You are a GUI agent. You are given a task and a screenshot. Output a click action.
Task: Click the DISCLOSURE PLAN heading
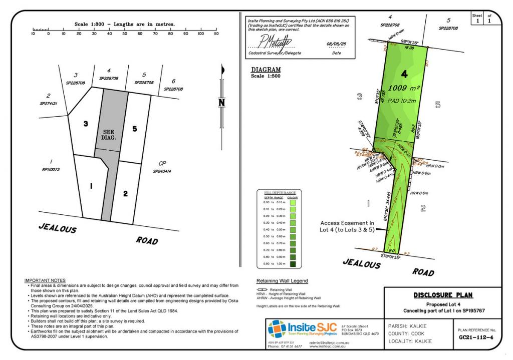[443, 295]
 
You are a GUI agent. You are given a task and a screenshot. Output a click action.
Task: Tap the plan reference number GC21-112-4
[476, 337]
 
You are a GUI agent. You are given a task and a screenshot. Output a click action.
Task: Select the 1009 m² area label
[404, 88]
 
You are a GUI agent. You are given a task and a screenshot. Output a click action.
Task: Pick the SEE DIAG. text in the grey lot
[109, 134]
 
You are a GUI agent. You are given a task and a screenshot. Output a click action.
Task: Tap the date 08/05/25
[336, 44]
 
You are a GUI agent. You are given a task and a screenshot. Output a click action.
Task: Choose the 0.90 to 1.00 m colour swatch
[293, 263]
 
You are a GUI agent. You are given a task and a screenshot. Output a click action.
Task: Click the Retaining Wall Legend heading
[282, 281]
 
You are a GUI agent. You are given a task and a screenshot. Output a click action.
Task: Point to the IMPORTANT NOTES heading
[45, 280]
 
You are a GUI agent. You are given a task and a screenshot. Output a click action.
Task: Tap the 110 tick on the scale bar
[216, 34]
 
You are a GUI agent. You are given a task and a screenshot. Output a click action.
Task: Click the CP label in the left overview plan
[162, 163]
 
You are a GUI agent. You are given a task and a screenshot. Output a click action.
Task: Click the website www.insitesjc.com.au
[328, 346]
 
